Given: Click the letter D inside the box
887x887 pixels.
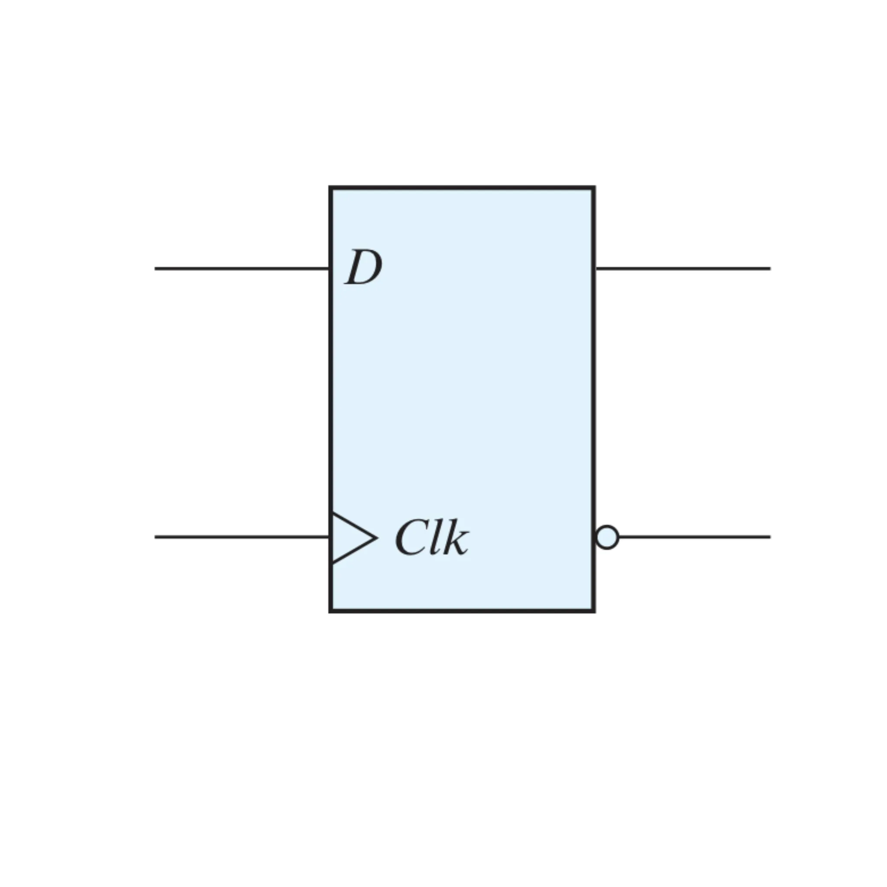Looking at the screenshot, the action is click(363, 267).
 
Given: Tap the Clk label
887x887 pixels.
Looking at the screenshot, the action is click(432, 537).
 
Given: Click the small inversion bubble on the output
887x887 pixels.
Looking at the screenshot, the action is click(607, 537).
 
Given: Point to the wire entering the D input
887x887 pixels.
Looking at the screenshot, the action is click(242, 269).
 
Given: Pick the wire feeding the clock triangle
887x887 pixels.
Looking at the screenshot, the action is click(242, 537).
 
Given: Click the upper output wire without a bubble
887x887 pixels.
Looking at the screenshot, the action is click(683, 269).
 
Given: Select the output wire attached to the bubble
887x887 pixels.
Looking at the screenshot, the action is click(695, 537).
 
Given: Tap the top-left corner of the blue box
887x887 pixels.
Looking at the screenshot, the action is click(330, 187).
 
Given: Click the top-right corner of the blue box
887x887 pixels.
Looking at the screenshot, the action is click(594, 187).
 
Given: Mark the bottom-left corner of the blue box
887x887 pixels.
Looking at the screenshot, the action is click(330, 611).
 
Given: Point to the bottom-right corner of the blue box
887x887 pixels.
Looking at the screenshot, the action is click(594, 611).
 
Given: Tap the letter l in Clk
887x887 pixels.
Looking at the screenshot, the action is click(435, 537).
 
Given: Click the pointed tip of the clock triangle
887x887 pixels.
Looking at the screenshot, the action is click(377, 537).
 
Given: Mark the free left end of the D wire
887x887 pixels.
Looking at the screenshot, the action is click(155, 269).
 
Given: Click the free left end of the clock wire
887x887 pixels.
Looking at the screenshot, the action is click(155, 537).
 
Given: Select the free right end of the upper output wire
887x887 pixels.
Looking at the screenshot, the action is click(770, 269).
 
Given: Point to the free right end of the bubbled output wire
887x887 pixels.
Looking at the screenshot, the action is click(770, 537).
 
